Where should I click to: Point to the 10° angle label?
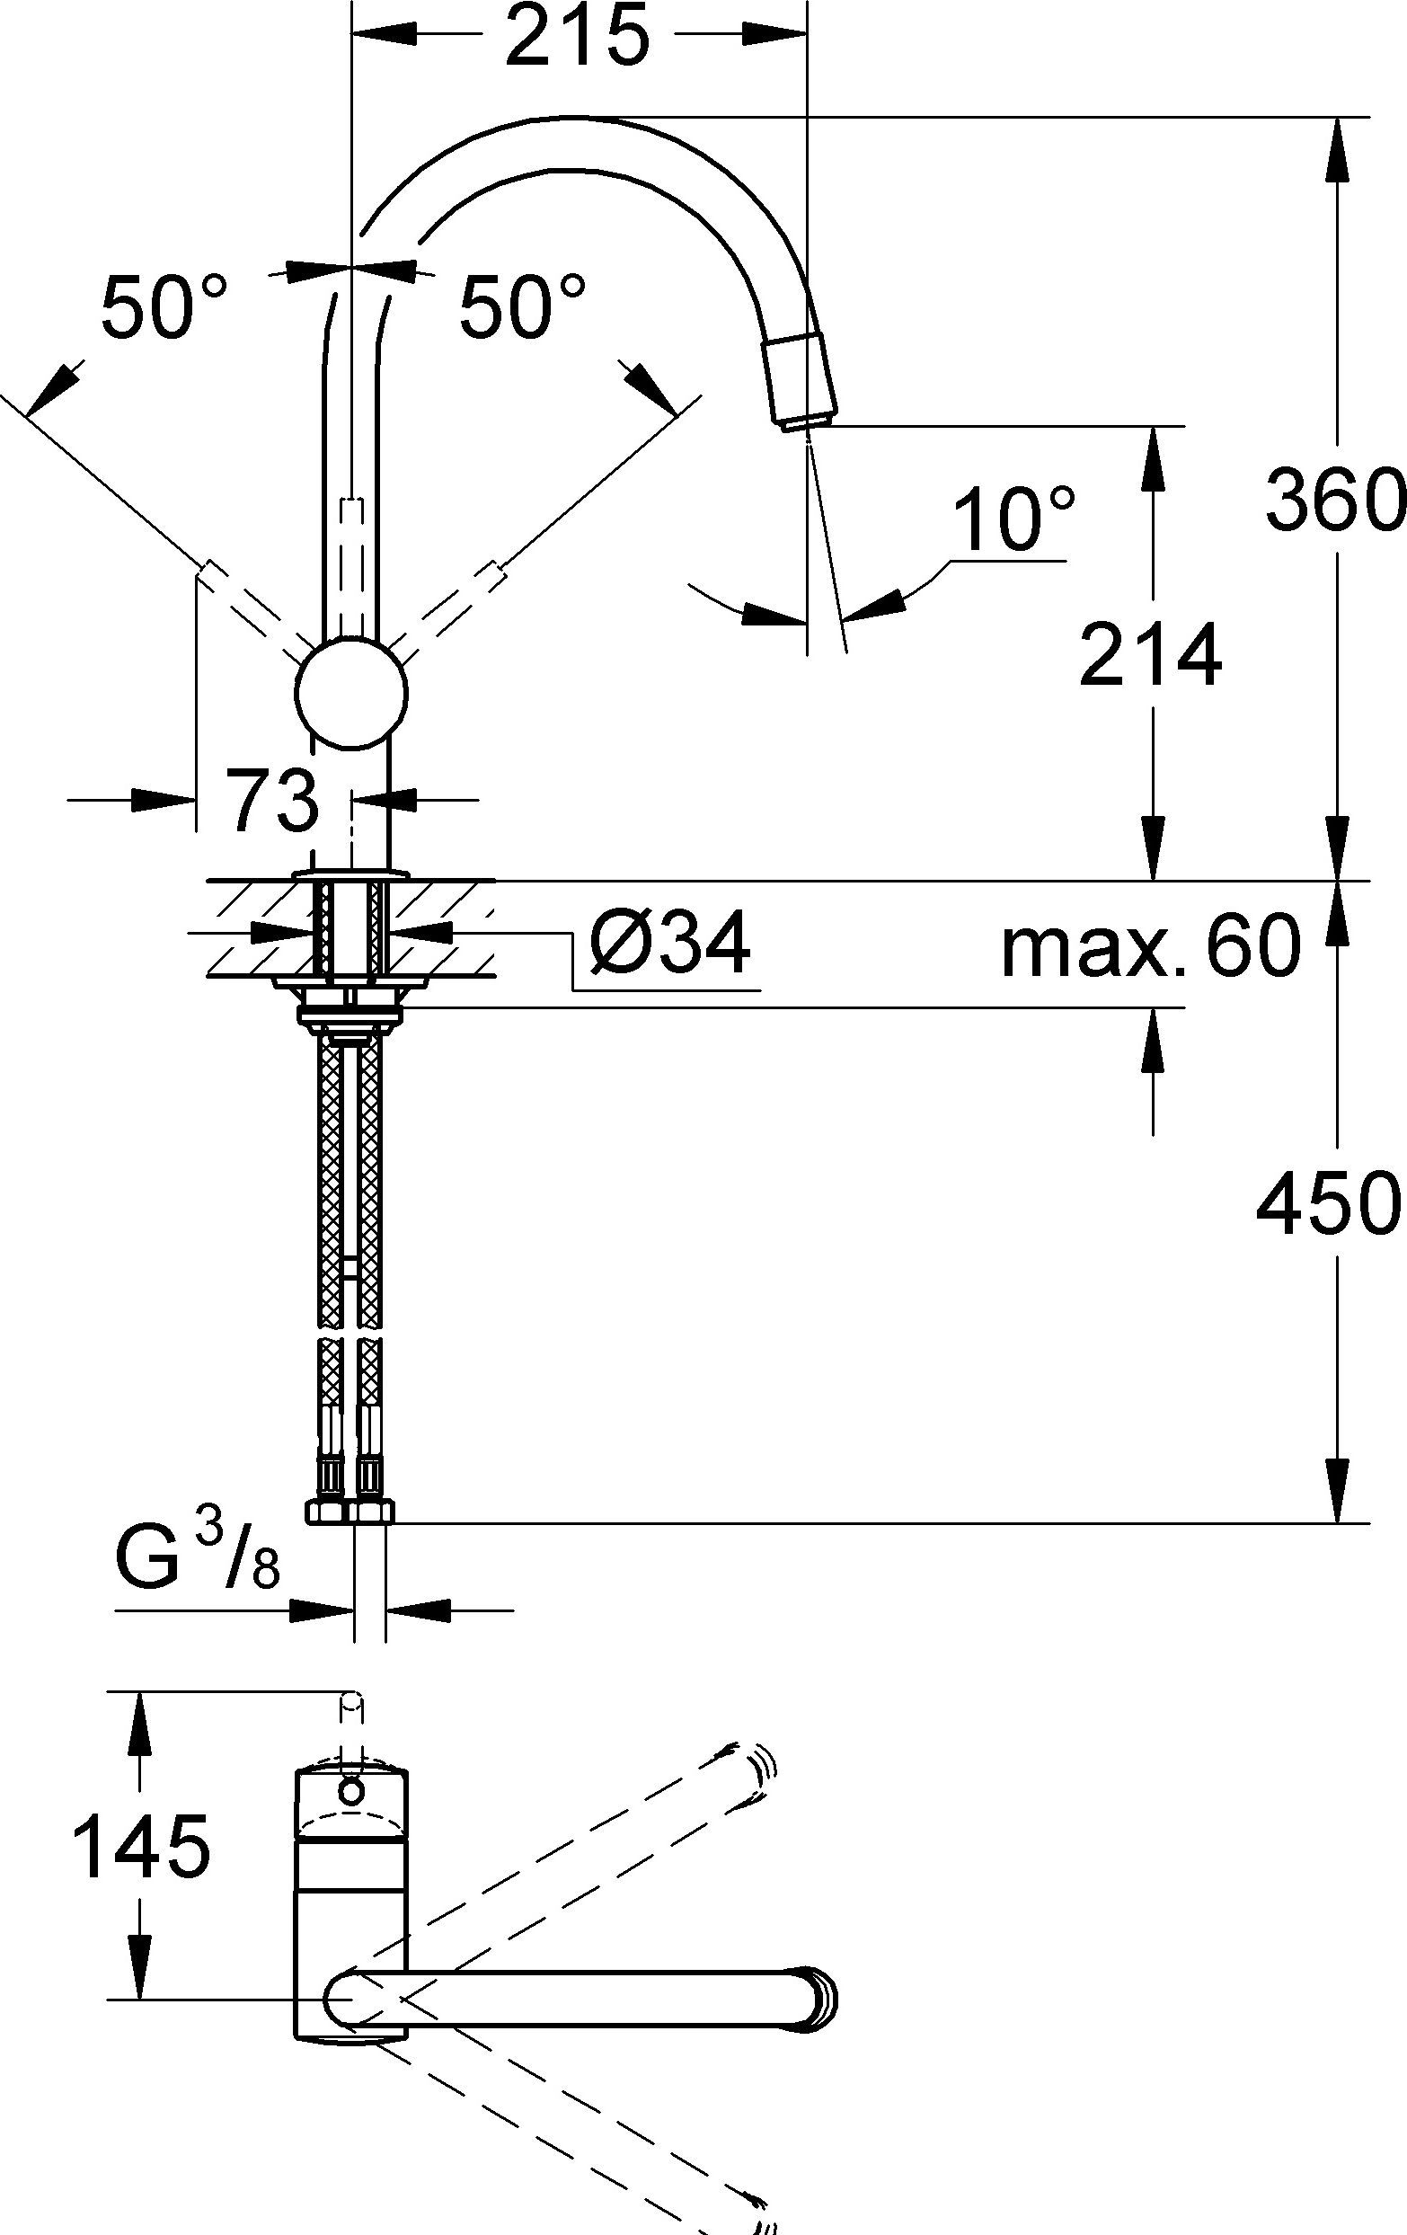(1014, 520)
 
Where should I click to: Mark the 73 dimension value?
(275, 801)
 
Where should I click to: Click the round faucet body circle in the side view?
(352, 692)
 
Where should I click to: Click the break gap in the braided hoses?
(350, 1332)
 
